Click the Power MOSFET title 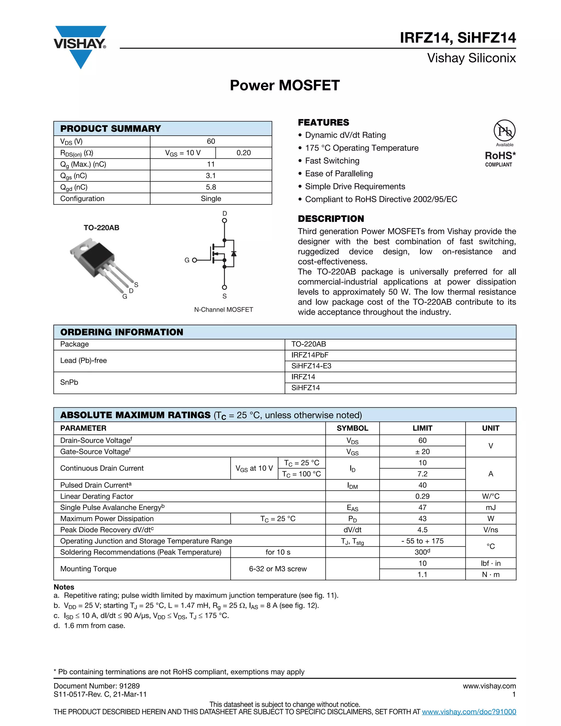coord(285,85)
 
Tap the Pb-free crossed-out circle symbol coord(504,131)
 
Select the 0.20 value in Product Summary coord(244,153)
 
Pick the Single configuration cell coord(211,199)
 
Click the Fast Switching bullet coord(332,161)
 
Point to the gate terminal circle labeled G coord(194,260)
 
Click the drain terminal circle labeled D coord(224,220)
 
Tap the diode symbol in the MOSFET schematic coord(234,254)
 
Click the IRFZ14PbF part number coord(310,355)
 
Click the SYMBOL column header coord(352,428)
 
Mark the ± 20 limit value coord(422,451)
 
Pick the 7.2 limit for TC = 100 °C coord(422,474)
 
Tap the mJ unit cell coord(491,508)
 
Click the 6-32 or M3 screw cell coord(278,569)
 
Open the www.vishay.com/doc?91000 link coord(469,712)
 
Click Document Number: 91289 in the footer coord(97,686)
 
